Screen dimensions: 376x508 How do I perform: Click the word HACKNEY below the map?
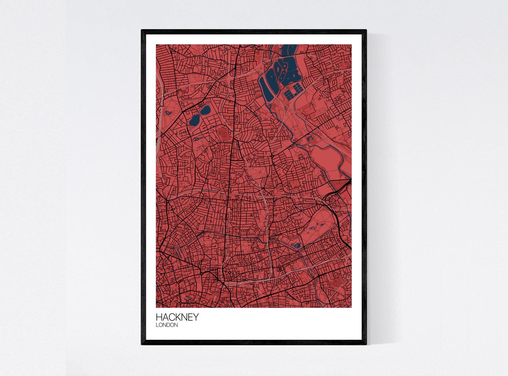[177, 317]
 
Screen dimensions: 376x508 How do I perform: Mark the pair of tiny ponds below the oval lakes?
[197, 138]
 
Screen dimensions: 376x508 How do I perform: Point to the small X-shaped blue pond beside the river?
[309, 138]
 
